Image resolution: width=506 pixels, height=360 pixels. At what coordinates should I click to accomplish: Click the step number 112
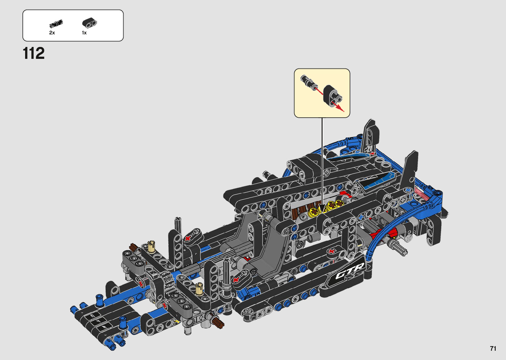coord(34,53)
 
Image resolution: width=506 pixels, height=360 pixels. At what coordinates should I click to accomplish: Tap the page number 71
coord(493,348)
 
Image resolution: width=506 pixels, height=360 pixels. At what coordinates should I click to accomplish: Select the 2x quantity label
coord(52,33)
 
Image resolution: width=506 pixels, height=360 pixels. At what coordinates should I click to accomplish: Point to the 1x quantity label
coord(84,33)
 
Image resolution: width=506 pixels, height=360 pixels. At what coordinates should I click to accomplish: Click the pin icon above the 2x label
coord(56,23)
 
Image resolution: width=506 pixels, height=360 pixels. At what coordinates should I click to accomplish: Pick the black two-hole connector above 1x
coord(90,22)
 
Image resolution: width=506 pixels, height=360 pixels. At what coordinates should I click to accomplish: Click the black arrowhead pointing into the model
coord(322,208)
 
